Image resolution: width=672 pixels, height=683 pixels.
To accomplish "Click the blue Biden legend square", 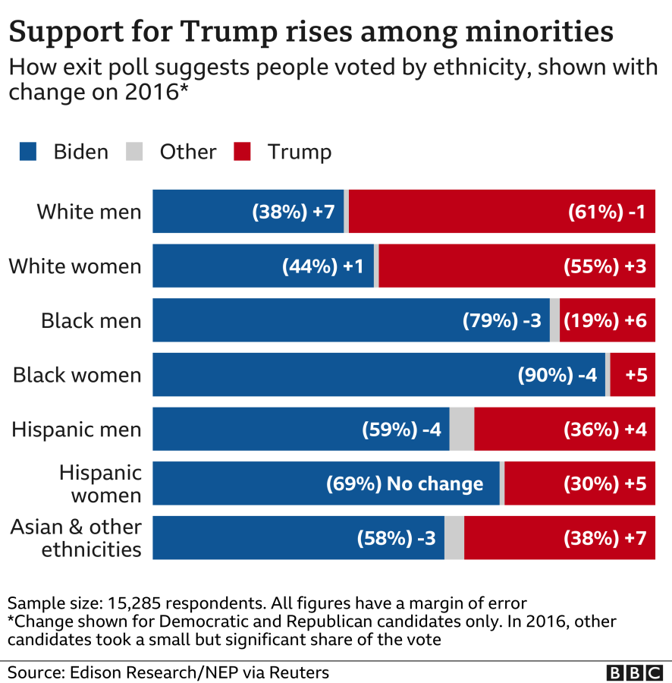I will (x=28, y=152).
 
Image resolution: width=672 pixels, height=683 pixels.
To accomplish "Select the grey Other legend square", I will (x=133, y=152).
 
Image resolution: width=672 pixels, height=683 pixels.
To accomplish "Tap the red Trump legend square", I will (x=242, y=152).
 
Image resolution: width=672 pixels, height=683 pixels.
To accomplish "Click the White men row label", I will (x=89, y=212).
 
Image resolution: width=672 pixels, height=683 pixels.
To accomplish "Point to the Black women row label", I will (x=77, y=375).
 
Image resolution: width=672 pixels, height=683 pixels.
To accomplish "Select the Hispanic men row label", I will (x=76, y=430).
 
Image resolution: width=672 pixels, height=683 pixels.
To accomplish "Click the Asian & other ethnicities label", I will (x=76, y=537).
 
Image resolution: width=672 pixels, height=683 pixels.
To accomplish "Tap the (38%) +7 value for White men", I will (x=293, y=212).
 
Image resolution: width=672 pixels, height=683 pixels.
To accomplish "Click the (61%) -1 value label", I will (x=606, y=212).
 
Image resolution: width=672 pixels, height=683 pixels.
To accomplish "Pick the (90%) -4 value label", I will (x=557, y=375).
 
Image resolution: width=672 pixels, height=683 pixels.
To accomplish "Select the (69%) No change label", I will (x=404, y=483).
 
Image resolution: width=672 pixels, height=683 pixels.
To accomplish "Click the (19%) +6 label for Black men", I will (x=604, y=320).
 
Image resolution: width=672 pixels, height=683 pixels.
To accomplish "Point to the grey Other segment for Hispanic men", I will (x=462, y=429).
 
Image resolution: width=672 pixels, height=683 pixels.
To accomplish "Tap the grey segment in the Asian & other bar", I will (x=454, y=538).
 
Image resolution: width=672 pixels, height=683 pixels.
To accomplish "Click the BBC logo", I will (x=633, y=672).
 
